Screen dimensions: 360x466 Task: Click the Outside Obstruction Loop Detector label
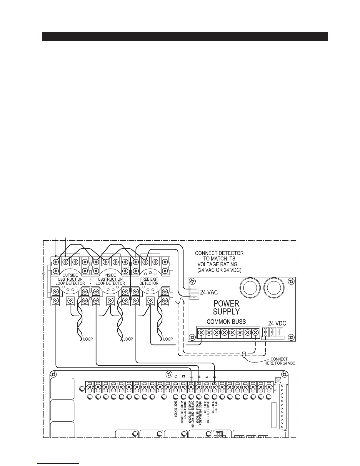pyautogui.click(x=70, y=279)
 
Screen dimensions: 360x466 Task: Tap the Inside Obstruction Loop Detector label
pyautogui.click(x=110, y=279)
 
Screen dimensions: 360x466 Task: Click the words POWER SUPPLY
pyautogui.click(x=226, y=307)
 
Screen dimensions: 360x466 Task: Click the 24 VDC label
pyautogui.click(x=277, y=323)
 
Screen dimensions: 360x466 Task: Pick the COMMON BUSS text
pyautogui.click(x=226, y=322)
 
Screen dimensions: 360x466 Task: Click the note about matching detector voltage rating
pyautogui.click(x=219, y=262)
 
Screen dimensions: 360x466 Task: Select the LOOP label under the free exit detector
pyautogui.click(x=168, y=339)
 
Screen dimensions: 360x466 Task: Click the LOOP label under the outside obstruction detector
pyautogui.click(x=88, y=339)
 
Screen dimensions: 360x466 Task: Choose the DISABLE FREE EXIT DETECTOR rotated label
pyautogui.click(x=206, y=411)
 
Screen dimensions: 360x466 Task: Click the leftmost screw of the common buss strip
pyautogui.click(x=201, y=333)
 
